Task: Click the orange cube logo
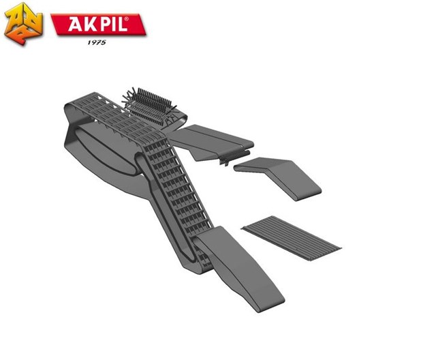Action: click(x=23, y=24)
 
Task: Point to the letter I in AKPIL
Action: click(x=111, y=24)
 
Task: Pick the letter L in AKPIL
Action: click(x=121, y=24)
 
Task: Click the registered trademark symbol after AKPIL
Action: click(x=127, y=19)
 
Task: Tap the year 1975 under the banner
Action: click(x=97, y=42)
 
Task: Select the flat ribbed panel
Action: click(x=292, y=238)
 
